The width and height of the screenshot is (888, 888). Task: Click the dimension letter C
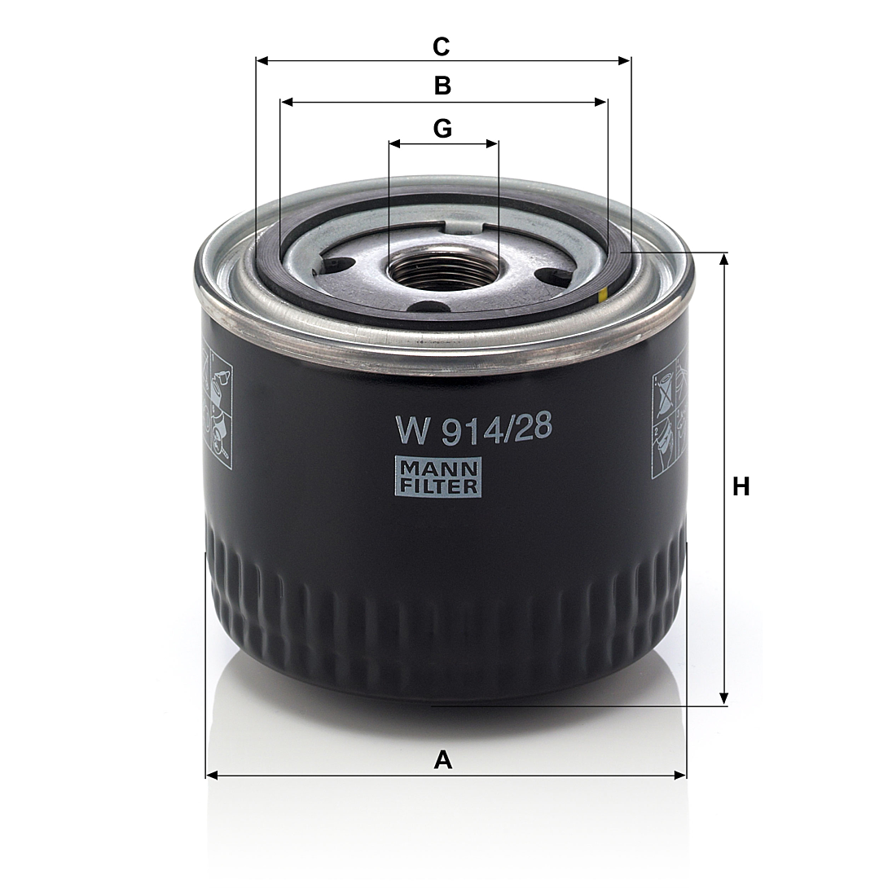tap(442, 46)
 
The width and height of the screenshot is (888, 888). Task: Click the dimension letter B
tap(442, 86)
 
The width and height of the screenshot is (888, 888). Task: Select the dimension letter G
tap(442, 129)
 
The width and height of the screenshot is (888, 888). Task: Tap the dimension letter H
tap(741, 486)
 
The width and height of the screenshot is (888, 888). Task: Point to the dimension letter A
tap(443, 759)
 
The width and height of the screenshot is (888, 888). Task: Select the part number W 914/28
tap(473, 429)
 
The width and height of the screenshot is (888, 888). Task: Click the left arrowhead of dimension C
tap(262, 60)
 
